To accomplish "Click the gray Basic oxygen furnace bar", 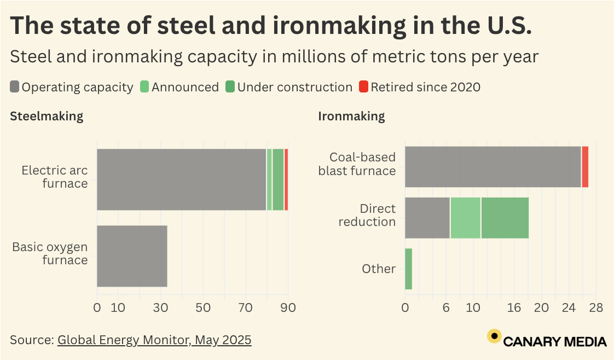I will (x=132, y=256).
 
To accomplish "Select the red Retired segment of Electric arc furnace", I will (x=286, y=179).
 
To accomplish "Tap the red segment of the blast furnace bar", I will (x=585, y=167).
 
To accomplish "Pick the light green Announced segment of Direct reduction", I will (x=465, y=218).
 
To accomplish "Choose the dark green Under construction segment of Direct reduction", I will (x=505, y=218).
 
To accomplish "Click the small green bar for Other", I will (x=408, y=269).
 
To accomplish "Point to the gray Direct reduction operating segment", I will (x=427, y=218).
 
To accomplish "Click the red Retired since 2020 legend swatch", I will (x=364, y=87).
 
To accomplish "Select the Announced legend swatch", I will (x=144, y=87).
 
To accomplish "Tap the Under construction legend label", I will (x=295, y=87).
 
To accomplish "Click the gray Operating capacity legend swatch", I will (x=15, y=87).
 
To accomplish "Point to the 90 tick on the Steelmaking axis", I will (x=288, y=308).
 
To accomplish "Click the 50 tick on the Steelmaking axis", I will (x=203, y=308).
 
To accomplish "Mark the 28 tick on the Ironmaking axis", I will (x=596, y=308).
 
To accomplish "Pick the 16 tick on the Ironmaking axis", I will (x=514, y=308).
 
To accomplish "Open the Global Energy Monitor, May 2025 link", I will (x=154, y=340).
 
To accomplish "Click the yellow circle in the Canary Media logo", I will (x=494, y=336).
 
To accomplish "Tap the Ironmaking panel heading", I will (x=351, y=116).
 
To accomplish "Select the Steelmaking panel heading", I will (x=47, y=116).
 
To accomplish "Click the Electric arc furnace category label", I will (x=54, y=177).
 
